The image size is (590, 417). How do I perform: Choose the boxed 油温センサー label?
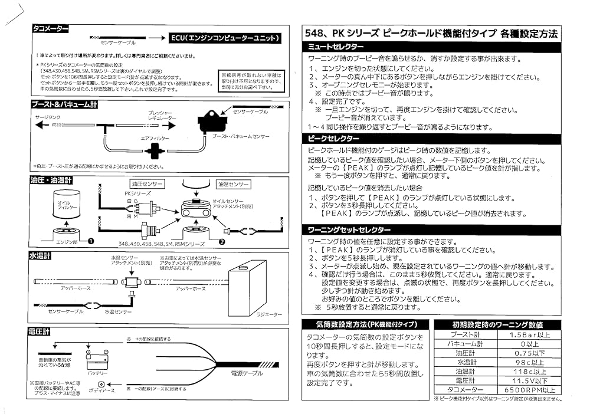[x=232, y=184]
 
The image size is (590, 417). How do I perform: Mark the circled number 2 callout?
[x=221, y=241]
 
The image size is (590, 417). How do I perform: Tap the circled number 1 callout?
[x=91, y=241]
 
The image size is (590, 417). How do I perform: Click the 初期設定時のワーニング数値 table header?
[x=497, y=324]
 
